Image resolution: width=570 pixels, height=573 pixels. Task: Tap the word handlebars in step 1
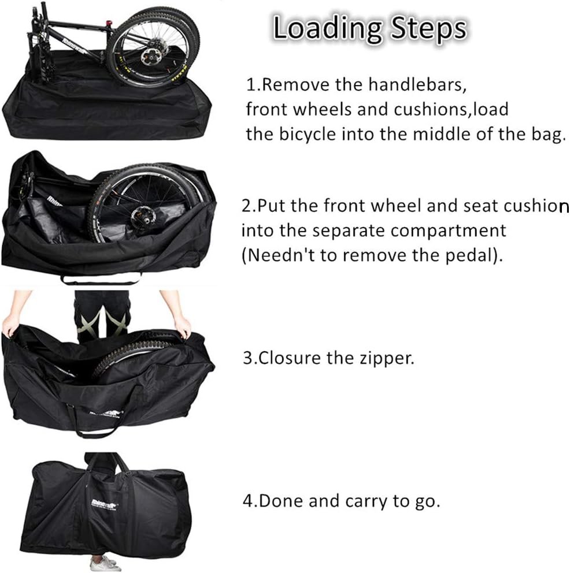click(417, 84)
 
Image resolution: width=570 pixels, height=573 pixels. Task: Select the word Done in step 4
click(281, 500)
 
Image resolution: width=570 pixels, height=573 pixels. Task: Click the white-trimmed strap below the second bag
click(101, 280)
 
